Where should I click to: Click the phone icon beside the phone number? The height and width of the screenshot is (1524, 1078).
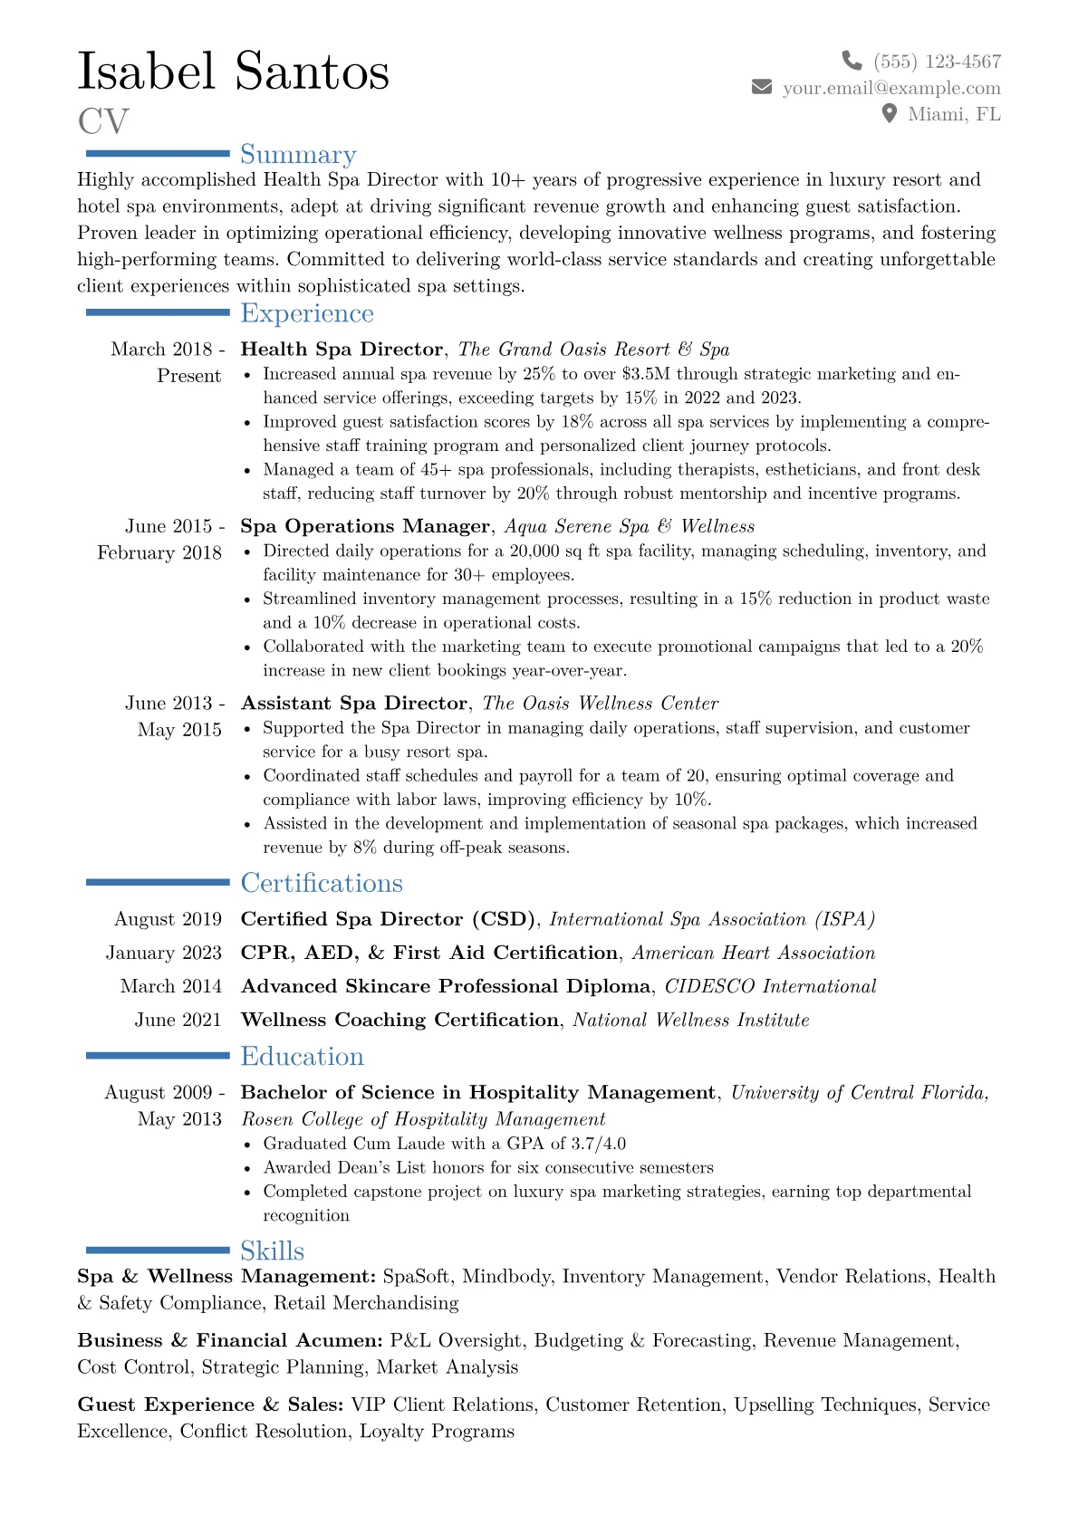tap(852, 61)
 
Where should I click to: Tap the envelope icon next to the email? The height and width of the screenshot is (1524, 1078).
tap(762, 87)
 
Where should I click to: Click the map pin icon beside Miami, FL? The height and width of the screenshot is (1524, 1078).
tap(890, 113)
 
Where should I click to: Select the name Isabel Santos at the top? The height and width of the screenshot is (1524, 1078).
tap(234, 72)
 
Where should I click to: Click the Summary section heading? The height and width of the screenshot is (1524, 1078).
tap(298, 155)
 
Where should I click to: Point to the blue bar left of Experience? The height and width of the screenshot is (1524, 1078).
tap(157, 312)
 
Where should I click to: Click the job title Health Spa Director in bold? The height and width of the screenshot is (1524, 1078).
tap(342, 350)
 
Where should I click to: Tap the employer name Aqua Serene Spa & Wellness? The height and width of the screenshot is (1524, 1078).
tap(630, 526)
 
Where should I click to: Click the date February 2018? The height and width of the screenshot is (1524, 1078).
tap(159, 553)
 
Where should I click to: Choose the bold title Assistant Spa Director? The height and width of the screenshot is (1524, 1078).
tap(354, 704)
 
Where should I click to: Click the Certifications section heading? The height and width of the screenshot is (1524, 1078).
tap(322, 883)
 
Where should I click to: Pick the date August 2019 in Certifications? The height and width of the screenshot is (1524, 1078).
tap(168, 919)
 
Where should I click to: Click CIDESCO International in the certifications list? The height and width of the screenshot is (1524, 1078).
tap(770, 986)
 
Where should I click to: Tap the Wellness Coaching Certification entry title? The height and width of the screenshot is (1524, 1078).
tap(399, 1020)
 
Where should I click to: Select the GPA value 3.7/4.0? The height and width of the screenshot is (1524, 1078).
tap(598, 1144)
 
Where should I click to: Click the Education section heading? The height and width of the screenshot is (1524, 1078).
tap(302, 1057)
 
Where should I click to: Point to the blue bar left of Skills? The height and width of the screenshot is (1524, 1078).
tap(157, 1251)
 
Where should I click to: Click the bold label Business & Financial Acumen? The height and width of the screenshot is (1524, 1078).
tap(231, 1340)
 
